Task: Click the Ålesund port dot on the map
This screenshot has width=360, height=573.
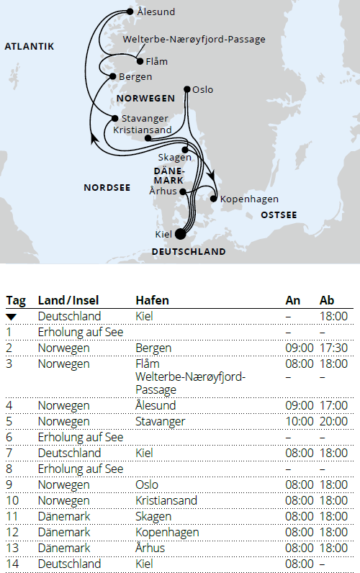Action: coord(129,12)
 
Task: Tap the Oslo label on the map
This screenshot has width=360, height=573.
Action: coord(203,90)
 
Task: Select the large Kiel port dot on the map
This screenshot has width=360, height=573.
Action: coord(180,233)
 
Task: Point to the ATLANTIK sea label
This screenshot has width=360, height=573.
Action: coord(30,47)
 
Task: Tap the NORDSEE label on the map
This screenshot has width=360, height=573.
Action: coord(107,188)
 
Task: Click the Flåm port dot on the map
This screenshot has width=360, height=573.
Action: coord(139,62)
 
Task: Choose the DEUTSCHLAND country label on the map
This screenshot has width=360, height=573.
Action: coord(189,252)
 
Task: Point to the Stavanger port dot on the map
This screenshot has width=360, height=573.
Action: coord(114,118)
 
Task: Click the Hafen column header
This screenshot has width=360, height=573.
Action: coord(152,300)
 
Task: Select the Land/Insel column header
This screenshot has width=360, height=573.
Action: coord(68,300)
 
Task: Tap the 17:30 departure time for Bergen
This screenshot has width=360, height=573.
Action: coord(333,348)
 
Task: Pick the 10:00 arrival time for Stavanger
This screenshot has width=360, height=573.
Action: coord(300,422)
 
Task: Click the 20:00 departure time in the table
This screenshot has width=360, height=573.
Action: coord(333,422)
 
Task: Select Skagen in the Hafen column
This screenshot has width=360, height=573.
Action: coord(153,517)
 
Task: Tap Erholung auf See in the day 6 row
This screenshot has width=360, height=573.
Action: coord(80,438)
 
